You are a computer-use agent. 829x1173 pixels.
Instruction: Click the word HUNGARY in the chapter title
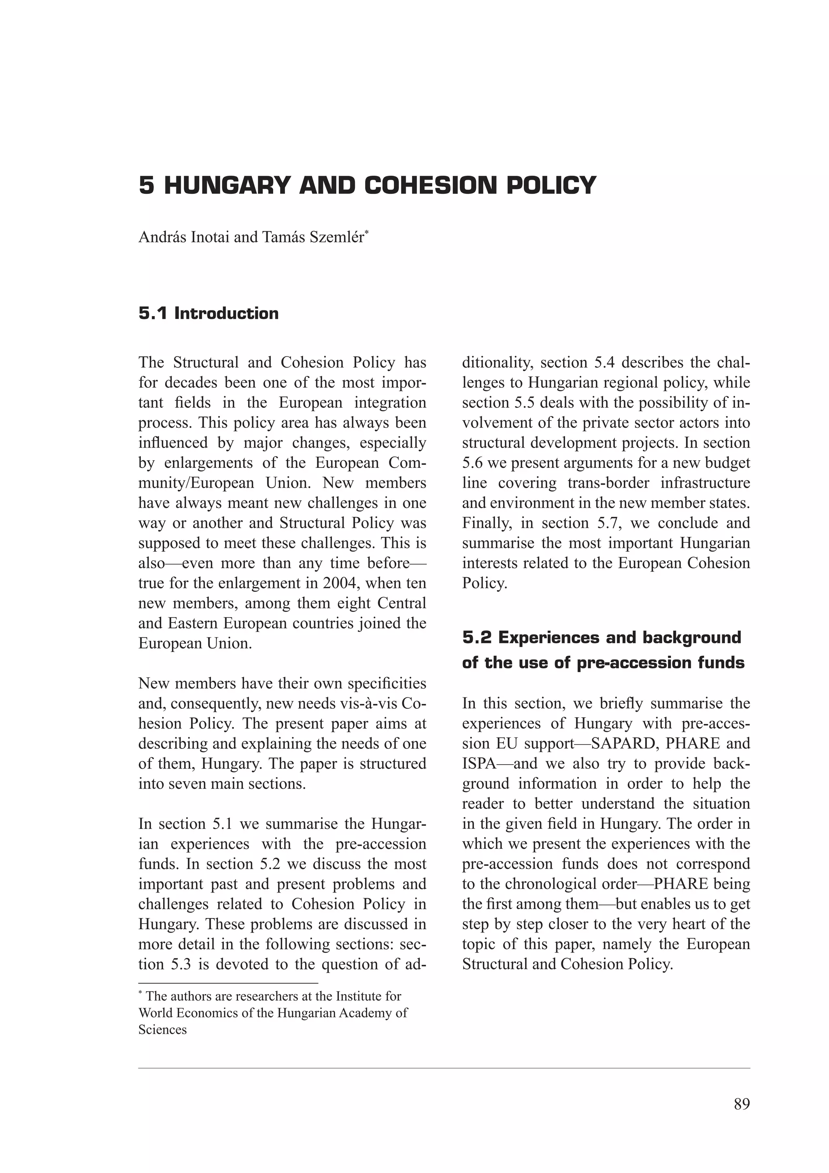click(228, 185)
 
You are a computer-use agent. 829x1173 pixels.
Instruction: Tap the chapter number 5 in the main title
click(146, 185)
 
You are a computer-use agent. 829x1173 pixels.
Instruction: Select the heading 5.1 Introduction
click(208, 313)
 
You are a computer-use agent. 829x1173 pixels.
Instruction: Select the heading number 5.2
click(477, 637)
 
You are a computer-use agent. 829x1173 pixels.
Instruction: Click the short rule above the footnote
click(228, 982)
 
